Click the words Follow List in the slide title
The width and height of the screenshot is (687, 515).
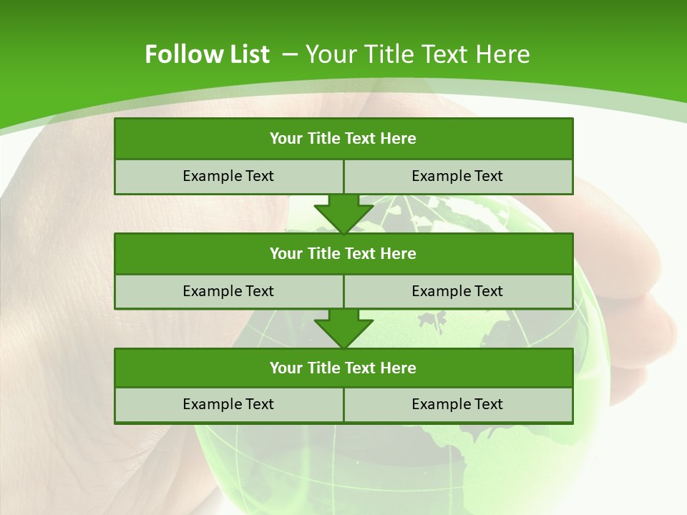click(x=207, y=54)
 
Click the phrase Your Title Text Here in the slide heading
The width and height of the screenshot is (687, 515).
click(x=417, y=54)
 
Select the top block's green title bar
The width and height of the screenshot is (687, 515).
click(x=343, y=139)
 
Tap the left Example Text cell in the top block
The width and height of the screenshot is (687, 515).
click(x=228, y=177)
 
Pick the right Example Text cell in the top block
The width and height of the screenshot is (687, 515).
click(x=457, y=177)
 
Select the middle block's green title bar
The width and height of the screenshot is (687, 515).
click(x=343, y=254)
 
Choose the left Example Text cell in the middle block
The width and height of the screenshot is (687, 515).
click(x=228, y=291)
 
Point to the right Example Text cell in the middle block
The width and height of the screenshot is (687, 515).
click(x=457, y=291)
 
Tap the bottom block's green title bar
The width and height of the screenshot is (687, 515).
click(x=343, y=368)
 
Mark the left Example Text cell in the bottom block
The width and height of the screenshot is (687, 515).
click(x=228, y=405)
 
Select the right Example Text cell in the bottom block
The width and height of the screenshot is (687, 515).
click(x=457, y=405)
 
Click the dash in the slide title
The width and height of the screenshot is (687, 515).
click(x=291, y=54)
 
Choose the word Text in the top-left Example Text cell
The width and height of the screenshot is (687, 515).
click(x=259, y=177)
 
